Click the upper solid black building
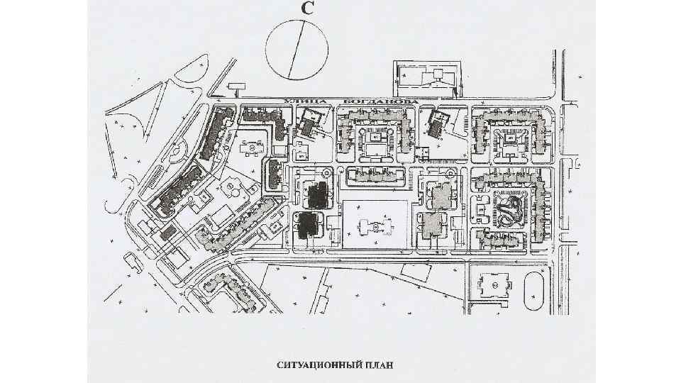tap(316, 194)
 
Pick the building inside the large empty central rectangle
tap(374, 226)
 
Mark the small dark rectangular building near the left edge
tap(168, 232)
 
